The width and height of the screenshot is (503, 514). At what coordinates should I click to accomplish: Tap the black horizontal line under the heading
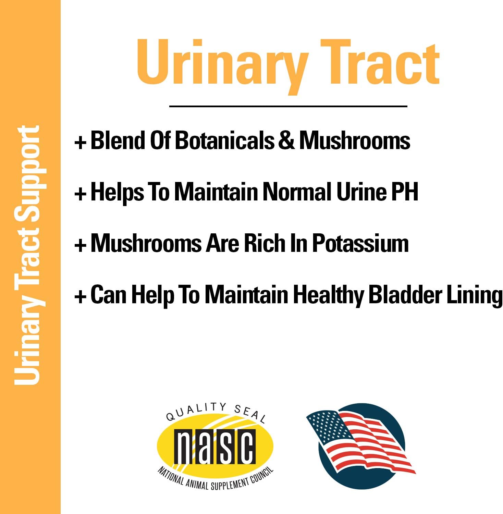click(x=288, y=107)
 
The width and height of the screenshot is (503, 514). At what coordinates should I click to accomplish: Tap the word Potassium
click(x=360, y=244)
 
